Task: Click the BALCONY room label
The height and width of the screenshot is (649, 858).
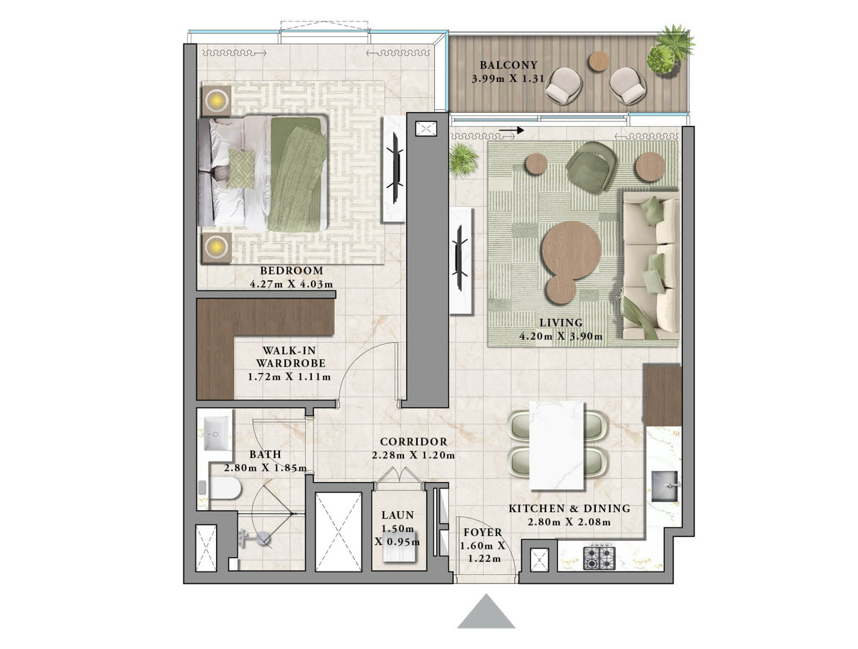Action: pyautogui.click(x=508, y=65)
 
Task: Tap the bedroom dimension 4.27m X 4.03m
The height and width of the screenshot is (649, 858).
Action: pyautogui.click(x=291, y=284)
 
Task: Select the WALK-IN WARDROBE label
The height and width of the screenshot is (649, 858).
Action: pyautogui.click(x=290, y=357)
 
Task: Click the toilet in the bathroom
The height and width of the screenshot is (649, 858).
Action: pyautogui.click(x=224, y=488)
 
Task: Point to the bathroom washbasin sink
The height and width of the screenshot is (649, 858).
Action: pyautogui.click(x=216, y=434)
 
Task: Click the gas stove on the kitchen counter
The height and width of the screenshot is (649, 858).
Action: pyautogui.click(x=599, y=558)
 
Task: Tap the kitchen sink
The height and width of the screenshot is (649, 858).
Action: pyautogui.click(x=665, y=486)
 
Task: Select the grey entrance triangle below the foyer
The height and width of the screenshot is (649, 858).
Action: pyautogui.click(x=486, y=613)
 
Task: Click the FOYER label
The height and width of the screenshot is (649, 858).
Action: pyautogui.click(x=482, y=532)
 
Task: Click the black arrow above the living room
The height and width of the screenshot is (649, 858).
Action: pyautogui.click(x=512, y=130)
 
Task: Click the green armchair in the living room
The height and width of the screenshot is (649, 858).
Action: pyautogui.click(x=591, y=167)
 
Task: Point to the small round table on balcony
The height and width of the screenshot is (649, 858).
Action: pyautogui.click(x=599, y=62)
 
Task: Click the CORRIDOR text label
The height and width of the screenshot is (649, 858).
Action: pyautogui.click(x=413, y=442)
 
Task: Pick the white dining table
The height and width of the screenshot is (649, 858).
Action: pyautogui.click(x=557, y=446)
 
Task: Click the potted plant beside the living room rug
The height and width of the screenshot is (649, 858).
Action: pyautogui.click(x=462, y=158)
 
